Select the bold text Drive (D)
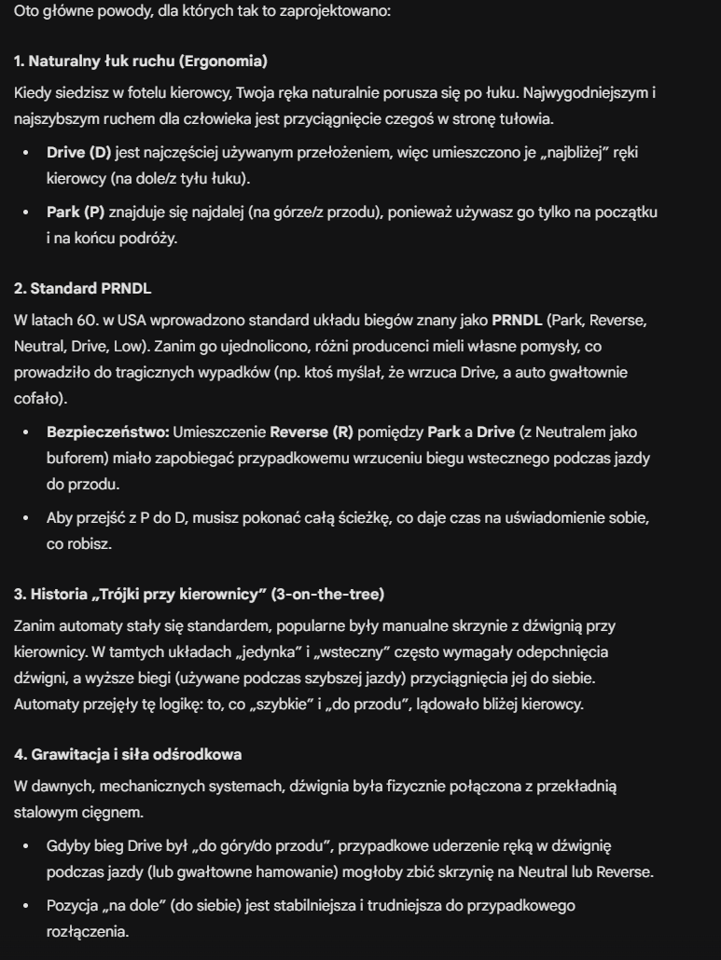[78, 151]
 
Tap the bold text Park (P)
[76, 213]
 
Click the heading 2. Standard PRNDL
[83, 288]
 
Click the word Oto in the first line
[26, 13]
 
